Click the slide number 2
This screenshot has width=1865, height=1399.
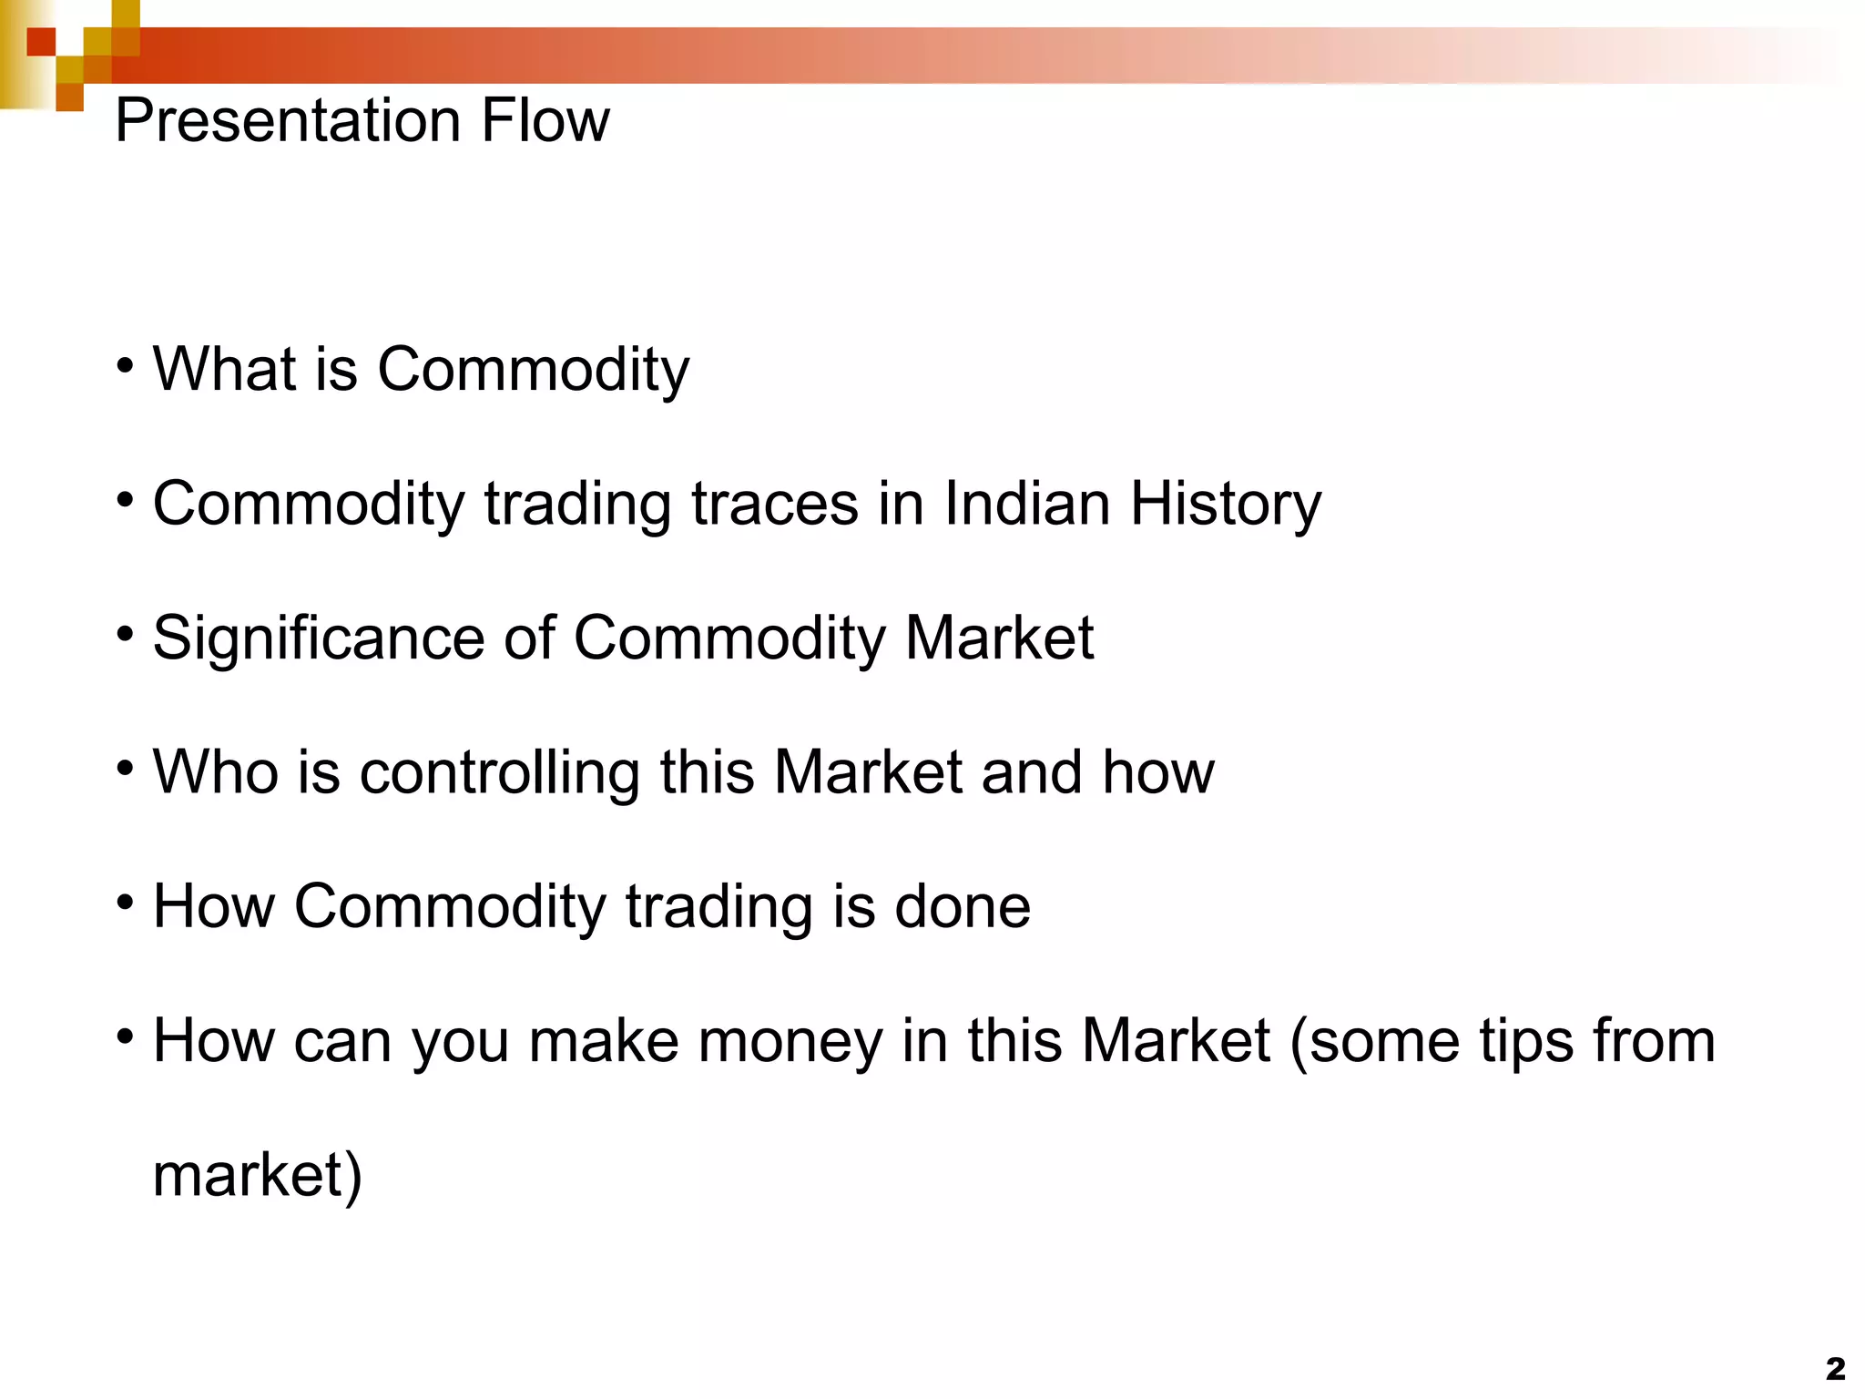(1835, 1368)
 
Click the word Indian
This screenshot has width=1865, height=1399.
(1027, 503)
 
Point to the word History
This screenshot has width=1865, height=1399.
(1226, 505)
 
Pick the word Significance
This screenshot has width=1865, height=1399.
(319, 638)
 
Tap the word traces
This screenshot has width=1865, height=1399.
(775, 503)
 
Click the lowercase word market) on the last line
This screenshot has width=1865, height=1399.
(258, 1175)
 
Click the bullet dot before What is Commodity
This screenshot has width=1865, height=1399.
(126, 366)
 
